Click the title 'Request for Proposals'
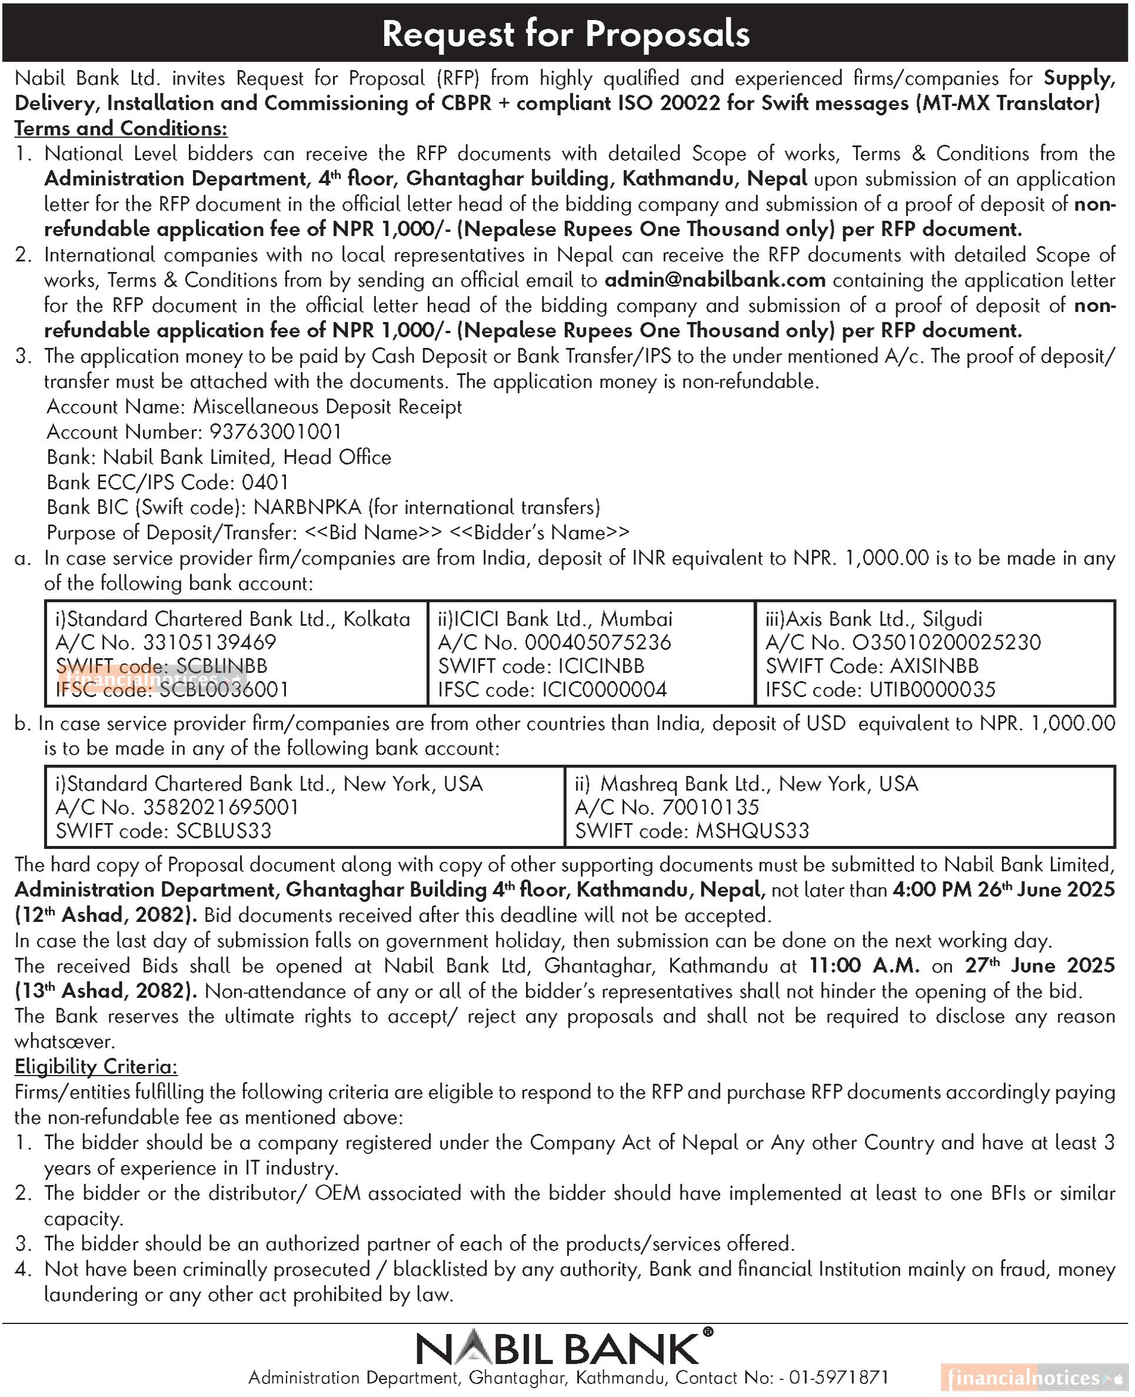click(x=566, y=34)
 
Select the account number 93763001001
click(x=275, y=432)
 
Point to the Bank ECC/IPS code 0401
click(x=265, y=483)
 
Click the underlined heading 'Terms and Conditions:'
click(x=121, y=128)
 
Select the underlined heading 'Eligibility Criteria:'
click(x=96, y=1067)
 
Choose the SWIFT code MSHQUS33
click(x=752, y=831)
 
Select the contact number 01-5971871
click(x=839, y=1378)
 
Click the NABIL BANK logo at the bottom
click(x=565, y=1349)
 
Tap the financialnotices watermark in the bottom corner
click(x=1033, y=1378)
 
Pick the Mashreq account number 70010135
click(x=710, y=807)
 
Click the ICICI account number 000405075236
click(x=598, y=642)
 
